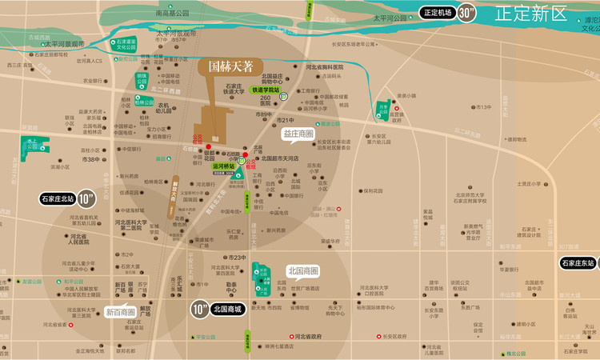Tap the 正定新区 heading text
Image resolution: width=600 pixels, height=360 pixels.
point(530,14)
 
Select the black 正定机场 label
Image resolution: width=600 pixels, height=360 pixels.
point(438,13)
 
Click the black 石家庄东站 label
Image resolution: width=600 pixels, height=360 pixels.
point(579,263)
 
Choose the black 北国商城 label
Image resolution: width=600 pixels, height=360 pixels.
point(227,308)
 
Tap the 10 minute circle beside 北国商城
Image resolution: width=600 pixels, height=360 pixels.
point(199,308)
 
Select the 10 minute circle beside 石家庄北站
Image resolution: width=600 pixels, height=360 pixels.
point(86,198)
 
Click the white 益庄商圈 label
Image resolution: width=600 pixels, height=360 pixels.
point(298,134)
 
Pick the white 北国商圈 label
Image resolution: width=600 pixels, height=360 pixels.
point(302,271)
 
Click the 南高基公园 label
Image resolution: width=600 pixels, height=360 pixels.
point(173,14)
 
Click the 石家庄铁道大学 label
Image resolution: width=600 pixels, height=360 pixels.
point(234,89)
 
